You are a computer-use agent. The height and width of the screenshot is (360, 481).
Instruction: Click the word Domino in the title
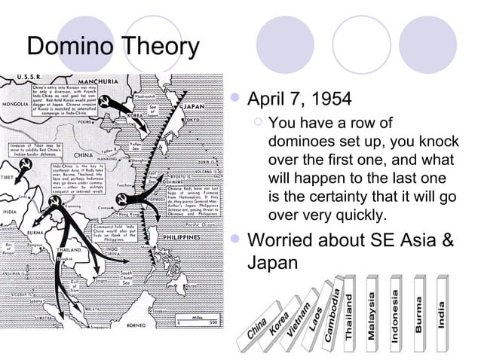69,47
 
